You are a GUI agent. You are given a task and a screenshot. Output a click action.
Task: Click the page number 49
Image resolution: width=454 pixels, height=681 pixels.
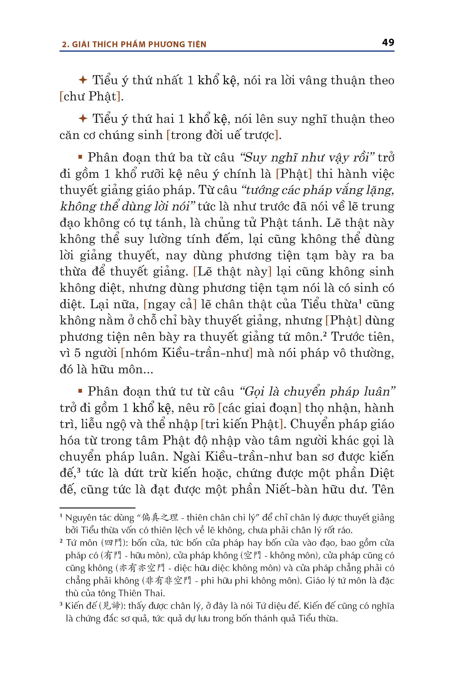pos(388,43)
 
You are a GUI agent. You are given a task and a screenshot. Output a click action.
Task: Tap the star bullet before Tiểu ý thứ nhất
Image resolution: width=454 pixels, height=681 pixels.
pos(83,80)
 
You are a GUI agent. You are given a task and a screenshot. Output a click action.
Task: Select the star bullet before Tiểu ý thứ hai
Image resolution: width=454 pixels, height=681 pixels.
pos(83,119)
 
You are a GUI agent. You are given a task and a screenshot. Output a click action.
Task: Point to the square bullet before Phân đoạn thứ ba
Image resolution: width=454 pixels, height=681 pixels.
pos(80,157)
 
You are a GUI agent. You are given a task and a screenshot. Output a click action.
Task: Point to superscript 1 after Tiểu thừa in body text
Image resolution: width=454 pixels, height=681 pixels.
pos(360,301)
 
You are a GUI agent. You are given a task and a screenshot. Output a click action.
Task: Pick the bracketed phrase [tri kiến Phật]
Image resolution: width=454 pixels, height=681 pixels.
pos(242,424)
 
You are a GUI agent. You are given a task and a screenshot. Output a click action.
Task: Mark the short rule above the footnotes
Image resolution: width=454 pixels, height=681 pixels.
pos(97,508)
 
